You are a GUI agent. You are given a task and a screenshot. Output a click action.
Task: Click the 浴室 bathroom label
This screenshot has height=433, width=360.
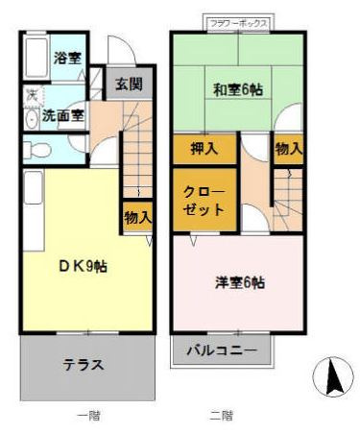(x=65, y=59)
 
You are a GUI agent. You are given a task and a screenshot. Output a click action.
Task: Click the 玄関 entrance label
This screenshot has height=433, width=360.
(x=129, y=83)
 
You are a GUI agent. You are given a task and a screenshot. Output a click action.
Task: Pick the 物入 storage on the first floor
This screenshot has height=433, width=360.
(x=137, y=218)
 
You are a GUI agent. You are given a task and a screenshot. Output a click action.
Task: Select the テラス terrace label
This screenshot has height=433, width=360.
(x=84, y=365)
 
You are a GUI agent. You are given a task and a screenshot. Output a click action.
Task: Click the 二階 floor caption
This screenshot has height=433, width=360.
(x=221, y=416)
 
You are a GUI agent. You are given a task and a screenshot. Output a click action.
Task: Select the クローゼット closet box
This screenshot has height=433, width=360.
(x=204, y=200)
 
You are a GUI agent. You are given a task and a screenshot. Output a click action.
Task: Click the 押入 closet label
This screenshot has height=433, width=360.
(x=204, y=149)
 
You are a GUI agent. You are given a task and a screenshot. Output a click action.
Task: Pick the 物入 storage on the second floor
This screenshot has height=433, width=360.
(x=288, y=149)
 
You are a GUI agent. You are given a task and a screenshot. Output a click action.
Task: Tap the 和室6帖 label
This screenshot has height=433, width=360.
(x=238, y=89)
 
